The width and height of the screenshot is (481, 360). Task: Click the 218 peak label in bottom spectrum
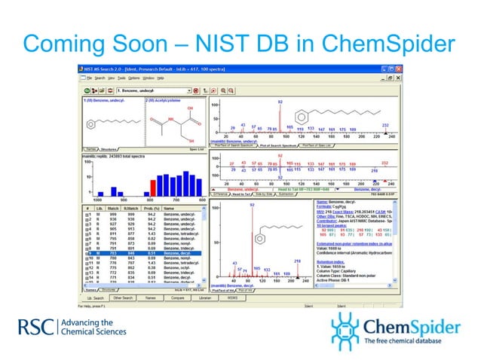[297, 261]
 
